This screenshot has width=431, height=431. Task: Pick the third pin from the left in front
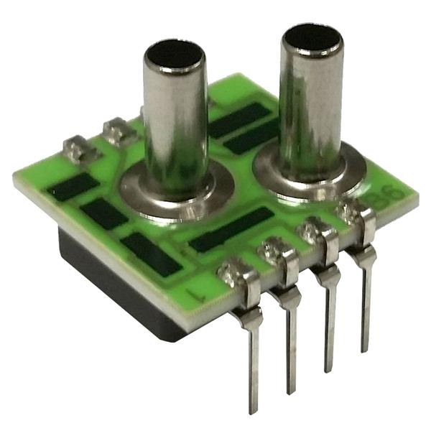coord(329,316)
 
